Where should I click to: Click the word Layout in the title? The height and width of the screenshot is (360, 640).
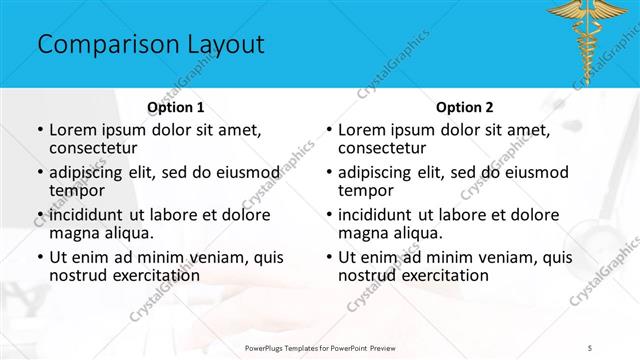point(219,45)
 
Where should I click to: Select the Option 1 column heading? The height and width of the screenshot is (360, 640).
point(176,106)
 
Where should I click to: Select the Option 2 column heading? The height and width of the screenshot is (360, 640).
point(465,106)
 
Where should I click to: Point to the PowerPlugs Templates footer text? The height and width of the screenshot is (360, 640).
point(330,347)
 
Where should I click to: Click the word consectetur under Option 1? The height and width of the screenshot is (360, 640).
point(95,147)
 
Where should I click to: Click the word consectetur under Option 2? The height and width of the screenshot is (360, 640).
point(384,147)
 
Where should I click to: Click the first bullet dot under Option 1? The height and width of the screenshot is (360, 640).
point(40,130)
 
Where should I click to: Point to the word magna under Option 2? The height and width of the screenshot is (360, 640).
point(362,233)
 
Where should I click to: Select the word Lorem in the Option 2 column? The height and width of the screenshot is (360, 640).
point(362,130)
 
